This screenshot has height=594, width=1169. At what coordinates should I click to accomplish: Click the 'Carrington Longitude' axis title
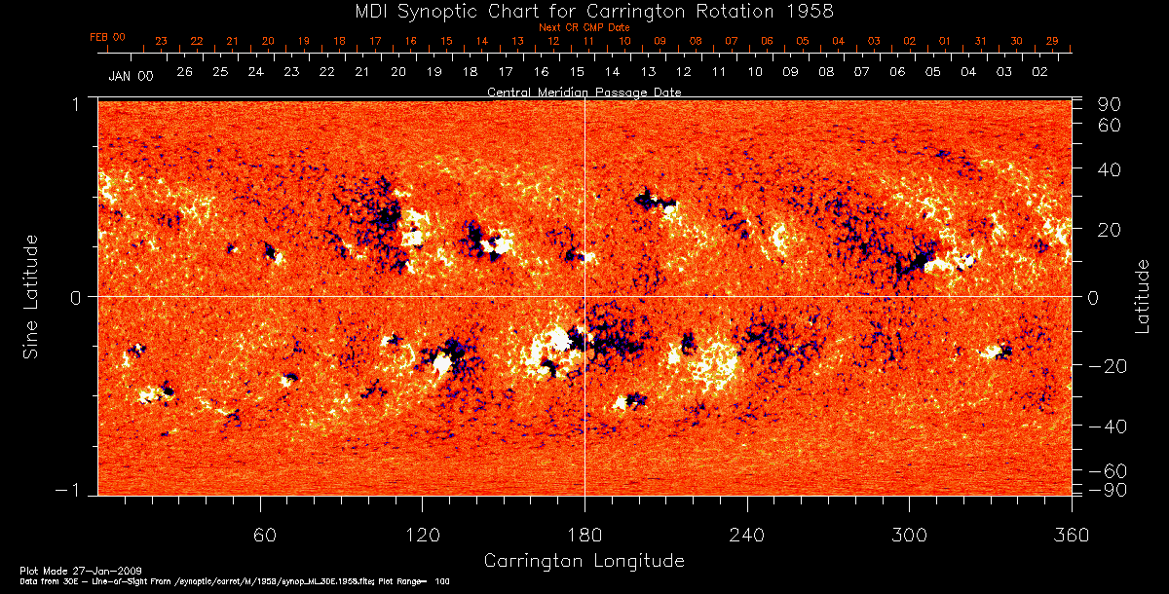[584, 561]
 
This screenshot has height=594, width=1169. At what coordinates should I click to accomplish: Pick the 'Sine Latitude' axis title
[30, 295]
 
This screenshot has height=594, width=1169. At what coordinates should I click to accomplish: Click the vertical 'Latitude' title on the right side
[1142, 295]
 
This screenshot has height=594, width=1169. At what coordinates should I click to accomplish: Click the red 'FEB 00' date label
[108, 37]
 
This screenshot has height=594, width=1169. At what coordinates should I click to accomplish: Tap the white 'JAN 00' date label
[131, 75]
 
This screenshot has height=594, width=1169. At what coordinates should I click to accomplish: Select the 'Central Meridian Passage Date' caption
[584, 92]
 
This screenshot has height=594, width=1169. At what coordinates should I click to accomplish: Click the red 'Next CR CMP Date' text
[584, 27]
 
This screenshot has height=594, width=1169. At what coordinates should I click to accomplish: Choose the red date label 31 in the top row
[980, 41]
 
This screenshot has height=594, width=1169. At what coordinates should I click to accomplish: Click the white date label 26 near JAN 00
[184, 72]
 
